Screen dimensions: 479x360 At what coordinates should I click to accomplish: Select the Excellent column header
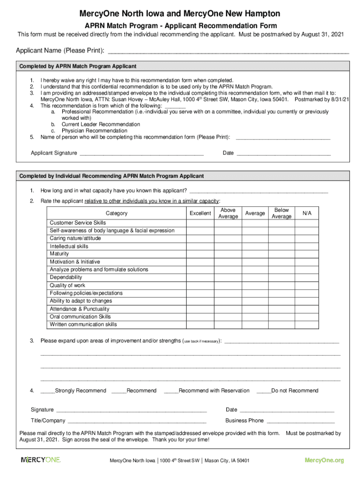(200, 213)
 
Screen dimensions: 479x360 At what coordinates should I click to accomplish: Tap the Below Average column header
(281, 213)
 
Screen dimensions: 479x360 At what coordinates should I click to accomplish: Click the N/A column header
(307, 213)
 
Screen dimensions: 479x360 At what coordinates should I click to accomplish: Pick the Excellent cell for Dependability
(200, 277)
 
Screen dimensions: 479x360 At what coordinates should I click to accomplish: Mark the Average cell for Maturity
(255, 254)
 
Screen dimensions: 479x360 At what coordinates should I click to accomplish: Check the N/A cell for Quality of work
(307, 285)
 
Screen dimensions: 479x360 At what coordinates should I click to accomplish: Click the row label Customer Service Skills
(78, 223)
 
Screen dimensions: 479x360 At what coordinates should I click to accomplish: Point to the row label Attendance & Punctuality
(79, 309)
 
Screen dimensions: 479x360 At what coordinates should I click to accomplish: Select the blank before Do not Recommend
(264, 391)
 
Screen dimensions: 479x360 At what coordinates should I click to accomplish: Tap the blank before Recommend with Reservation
(171, 391)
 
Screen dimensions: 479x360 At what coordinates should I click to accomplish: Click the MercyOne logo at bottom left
(41, 460)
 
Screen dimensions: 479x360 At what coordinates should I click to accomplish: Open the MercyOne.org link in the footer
(324, 460)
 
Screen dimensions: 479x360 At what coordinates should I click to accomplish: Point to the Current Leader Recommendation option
(101, 124)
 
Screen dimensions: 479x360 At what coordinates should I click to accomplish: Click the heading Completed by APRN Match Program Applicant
(78, 66)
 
